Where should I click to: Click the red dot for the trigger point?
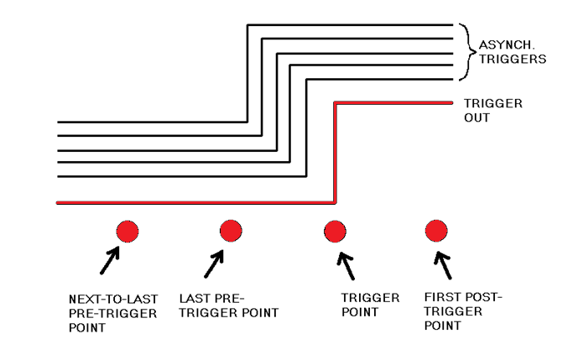[335, 231]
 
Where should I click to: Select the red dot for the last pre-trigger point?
[231, 230]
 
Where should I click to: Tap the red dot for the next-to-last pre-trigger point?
[127, 231]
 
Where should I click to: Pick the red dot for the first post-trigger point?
[435, 230]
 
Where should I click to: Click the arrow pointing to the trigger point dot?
[344, 264]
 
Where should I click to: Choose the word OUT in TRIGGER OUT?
[476, 118]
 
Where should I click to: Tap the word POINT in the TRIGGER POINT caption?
[360, 312]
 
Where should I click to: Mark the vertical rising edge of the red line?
[336, 151]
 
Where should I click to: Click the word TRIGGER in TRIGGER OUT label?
[493, 104]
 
